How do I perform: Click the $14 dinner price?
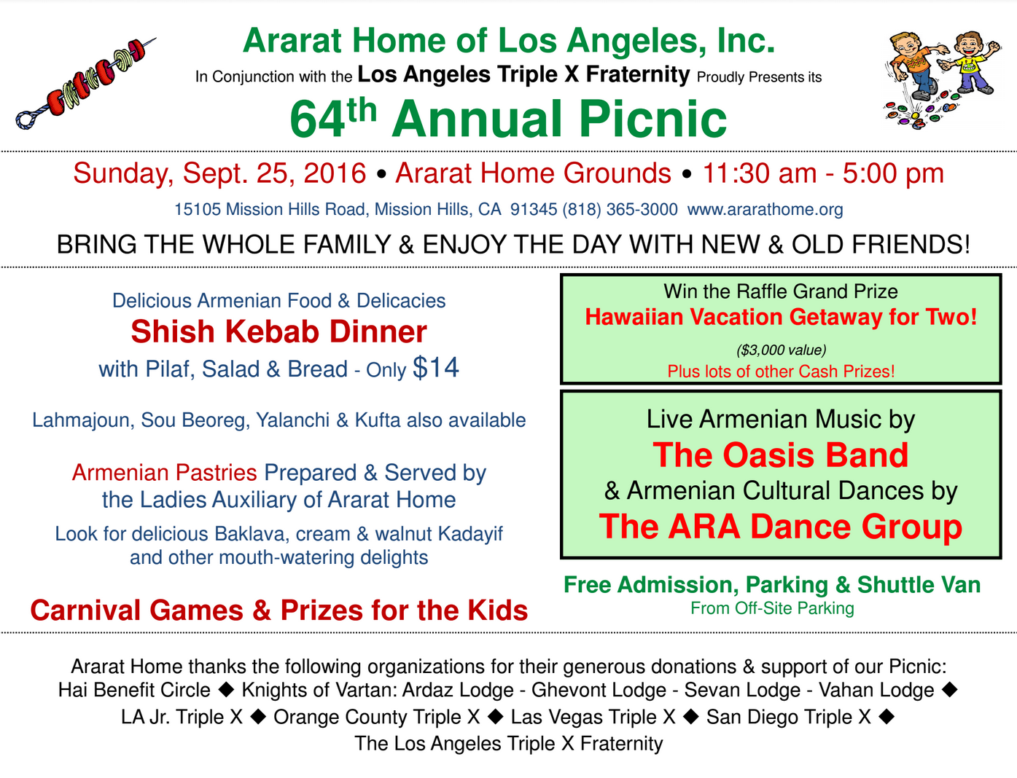tap(435, 367)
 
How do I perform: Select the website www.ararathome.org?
tap(765, 210)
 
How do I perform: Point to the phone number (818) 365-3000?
tap(620, 210)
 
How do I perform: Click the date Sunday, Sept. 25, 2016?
tap(219, 173)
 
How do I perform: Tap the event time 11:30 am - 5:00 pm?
tap(822, 173)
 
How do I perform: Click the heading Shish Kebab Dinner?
tap(278, 332)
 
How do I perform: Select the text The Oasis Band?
tap(780, 455)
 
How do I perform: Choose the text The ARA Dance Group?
tap(780, 527)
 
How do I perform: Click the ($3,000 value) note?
tap(781, 350)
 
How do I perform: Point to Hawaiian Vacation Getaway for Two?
tap(781, 317)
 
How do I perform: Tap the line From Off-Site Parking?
tap(772, 608)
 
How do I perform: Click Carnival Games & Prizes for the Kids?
tap(278, 610)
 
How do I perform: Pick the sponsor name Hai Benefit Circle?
tap(134, 691)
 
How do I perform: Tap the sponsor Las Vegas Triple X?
tap(593, 717)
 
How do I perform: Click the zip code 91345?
tap(534, 210)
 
